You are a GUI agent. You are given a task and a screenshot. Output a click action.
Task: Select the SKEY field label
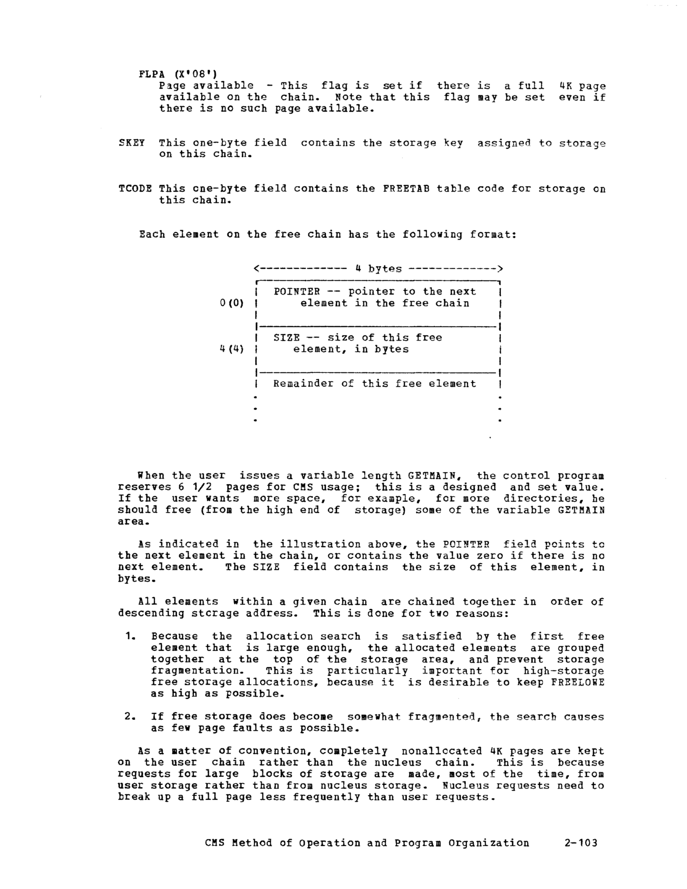132,143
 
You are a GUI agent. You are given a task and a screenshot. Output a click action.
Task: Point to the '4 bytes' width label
378,269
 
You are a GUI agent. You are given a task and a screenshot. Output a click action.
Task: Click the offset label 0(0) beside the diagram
231,303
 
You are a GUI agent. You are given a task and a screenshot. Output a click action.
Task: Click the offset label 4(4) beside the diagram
231,349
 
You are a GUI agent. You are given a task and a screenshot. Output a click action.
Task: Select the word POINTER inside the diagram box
297,291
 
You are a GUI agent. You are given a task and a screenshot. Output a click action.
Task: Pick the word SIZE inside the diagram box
287,337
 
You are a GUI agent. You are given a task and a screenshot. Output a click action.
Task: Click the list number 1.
130,636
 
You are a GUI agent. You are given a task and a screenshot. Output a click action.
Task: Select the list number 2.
130,717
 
